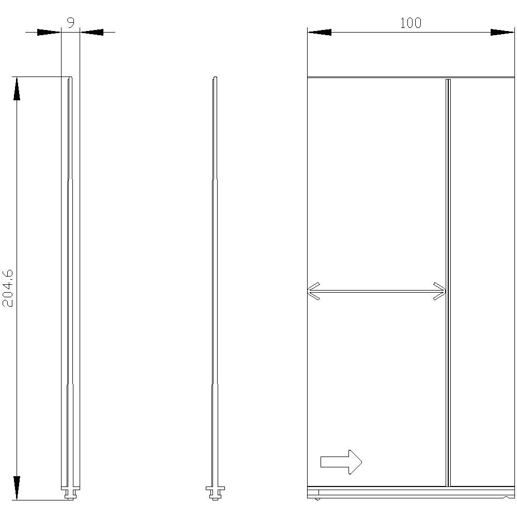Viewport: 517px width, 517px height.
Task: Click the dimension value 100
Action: tap(410, 23)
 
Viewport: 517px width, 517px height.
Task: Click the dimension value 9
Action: tap(71, 22)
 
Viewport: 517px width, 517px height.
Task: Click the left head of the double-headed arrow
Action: tap(314, 291)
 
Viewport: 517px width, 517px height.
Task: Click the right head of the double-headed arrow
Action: tap(439, 291)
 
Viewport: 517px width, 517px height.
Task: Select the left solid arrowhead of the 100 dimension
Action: tap(320, 32)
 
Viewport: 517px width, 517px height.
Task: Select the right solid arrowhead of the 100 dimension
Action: tap(503, 32)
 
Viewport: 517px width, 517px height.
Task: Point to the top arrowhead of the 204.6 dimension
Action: tap(17, 88)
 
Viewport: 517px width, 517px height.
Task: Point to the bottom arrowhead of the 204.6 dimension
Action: tap(17, 488)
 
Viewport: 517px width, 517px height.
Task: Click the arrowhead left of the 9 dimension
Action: tap(49, 32)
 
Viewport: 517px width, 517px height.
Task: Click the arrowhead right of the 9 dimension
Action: tap(92, 32)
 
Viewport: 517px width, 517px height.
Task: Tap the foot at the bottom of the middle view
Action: tap(215, 492)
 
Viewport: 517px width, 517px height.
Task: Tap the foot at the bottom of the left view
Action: tap(70, 492)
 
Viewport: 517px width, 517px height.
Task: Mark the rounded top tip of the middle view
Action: tap(215, 79)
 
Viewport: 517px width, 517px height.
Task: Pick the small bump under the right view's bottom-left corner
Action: tap(317, 499)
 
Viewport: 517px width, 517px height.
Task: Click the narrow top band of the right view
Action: tap(410, 78)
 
